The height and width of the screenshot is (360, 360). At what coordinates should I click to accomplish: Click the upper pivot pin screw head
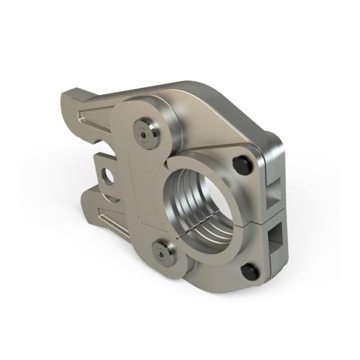[146, 131]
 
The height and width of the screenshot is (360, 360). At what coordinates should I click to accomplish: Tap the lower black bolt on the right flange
[249, 271]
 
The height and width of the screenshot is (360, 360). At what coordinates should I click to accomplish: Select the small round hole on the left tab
[109, 175]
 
